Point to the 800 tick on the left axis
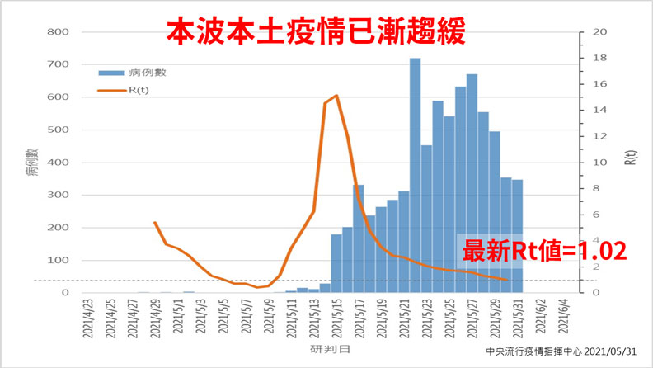59,32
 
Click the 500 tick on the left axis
59,130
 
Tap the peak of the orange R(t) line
336,96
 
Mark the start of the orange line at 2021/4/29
155,222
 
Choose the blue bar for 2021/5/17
359,238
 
